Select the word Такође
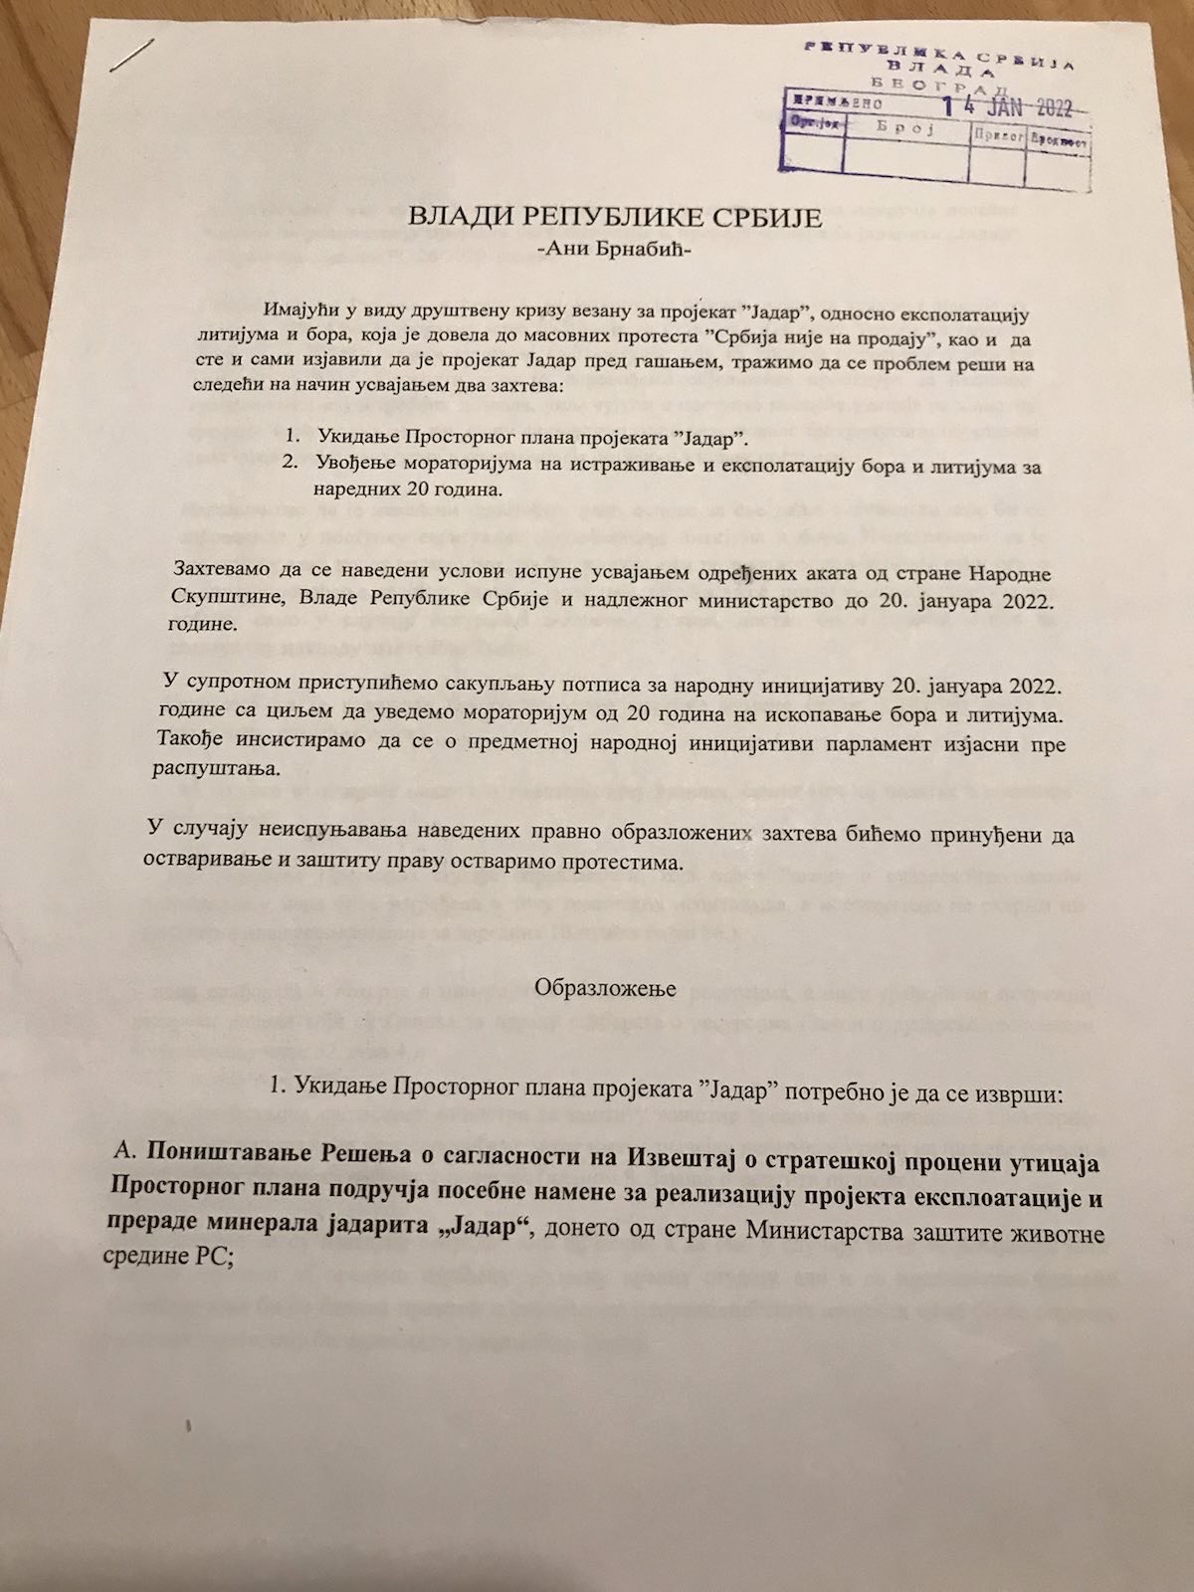189,742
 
